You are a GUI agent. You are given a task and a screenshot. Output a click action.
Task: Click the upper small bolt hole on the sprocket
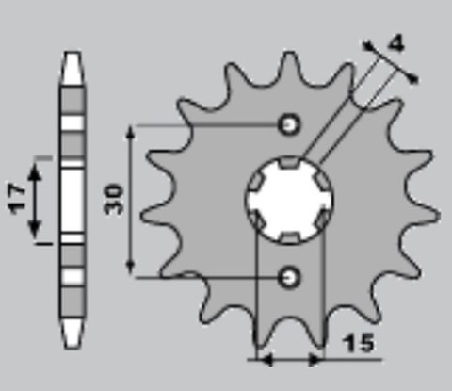coord(290,123)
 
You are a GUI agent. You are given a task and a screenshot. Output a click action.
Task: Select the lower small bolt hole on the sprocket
coord(290,276)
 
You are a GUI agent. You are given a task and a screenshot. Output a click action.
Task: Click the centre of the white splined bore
coord(290,200)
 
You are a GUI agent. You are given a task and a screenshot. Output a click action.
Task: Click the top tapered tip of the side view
coord(72,60)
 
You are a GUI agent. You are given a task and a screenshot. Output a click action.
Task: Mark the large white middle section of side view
coord(72,200)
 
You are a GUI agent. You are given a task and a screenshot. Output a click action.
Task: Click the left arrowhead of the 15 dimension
coord(263,359)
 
